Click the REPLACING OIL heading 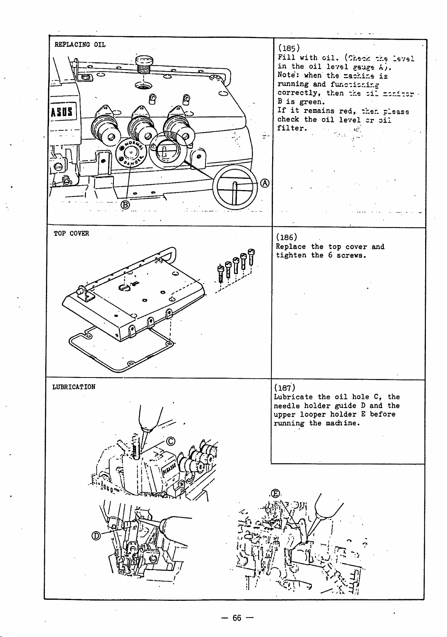tap(80, 45)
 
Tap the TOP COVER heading tap(71, 233)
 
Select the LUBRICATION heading tap(74, 387)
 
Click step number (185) tap(289, 48)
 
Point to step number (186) tap(287, 237)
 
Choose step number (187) tap(285, 387)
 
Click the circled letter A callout tap(265, 183)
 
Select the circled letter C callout tap(170, 441)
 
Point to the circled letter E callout tap(276, 493)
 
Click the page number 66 tap(237, 618)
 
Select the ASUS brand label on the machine tap(63, 112)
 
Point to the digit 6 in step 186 tap(330, 255)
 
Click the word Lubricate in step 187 tap(293, 397)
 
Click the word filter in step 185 tap(292, 128)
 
